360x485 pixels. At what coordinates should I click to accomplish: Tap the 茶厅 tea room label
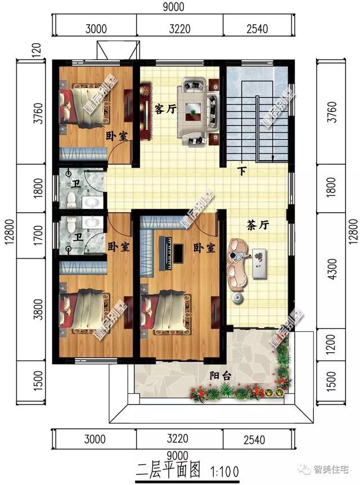[x=258, y=224]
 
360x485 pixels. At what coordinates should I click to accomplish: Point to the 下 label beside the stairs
[x=242, y=172]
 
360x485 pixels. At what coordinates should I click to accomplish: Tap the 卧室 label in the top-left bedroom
[x=115, y=136]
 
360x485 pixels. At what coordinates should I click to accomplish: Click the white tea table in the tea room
[x=259, y=262]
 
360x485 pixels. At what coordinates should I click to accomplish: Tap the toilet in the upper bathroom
[x=70, y=200]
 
